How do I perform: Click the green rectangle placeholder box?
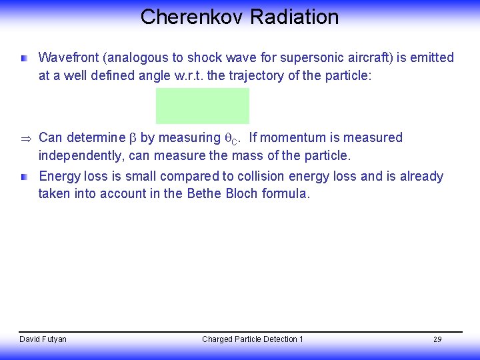click(x=203, y=106)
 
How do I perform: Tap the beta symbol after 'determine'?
click(x=132, y=138)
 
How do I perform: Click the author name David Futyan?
click(x=43, y=339)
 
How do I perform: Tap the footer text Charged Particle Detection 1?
click(x=253, y=339)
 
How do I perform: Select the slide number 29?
click(x=437, y=340)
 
